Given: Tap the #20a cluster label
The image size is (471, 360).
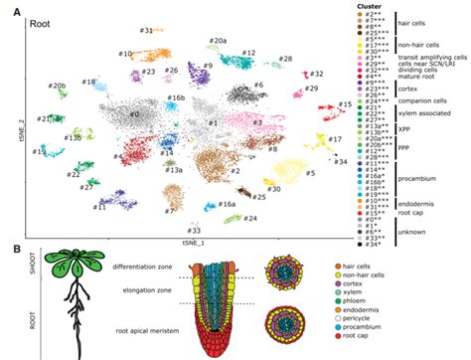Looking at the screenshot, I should pyautogui.click(x=218, y=41).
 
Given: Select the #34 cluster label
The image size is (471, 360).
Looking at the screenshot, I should pyautogui.click(x=341, y=160).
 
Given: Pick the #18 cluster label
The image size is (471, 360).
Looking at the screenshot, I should pyautogui.click(x=88, y=82).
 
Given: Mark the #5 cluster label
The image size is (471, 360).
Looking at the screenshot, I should pyautogui.click(x=310, y=173).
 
